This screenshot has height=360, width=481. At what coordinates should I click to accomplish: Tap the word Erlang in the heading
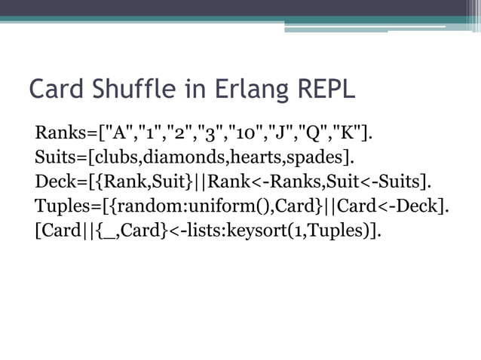coord(240,89)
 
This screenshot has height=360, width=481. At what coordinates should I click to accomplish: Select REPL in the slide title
coord(322,89)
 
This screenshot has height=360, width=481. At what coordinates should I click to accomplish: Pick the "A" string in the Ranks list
coord(117,135)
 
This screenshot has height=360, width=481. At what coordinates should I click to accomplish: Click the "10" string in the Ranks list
coord(246,135)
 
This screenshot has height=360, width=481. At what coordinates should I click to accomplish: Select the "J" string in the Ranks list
coord(283,135)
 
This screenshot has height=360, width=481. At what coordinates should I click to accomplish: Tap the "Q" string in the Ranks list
coord(316,135)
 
